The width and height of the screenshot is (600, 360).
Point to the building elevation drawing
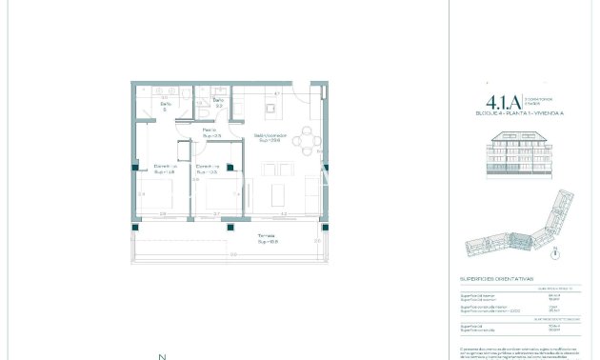point(518,153)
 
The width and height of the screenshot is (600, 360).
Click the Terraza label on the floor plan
point(267,238)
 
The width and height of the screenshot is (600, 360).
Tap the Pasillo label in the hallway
point(209,131)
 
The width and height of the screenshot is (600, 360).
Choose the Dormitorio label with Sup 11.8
point(165,170)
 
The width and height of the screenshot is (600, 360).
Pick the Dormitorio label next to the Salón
point(207,170)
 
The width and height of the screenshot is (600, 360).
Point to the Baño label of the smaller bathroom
point(217,102)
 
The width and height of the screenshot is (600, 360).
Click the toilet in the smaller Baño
point(207,110)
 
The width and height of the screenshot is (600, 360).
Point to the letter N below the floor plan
point(159,355)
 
